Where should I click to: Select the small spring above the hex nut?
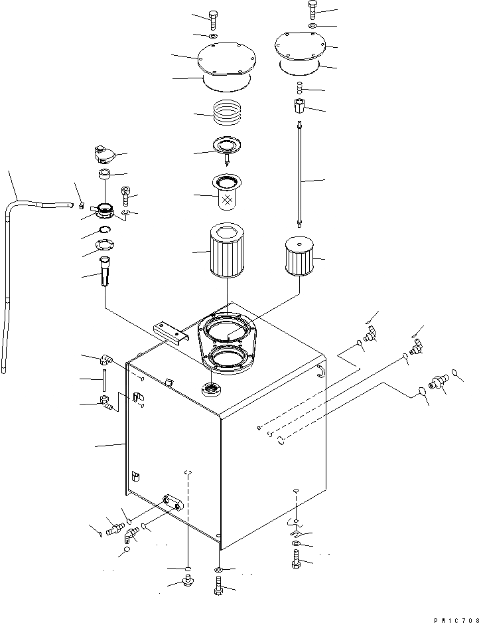coord(300,87)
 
